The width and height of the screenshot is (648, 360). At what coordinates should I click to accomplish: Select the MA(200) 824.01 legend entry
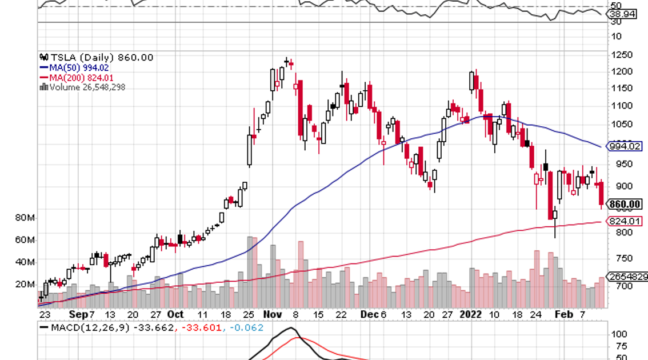79,78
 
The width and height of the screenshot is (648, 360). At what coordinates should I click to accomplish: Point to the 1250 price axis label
621,55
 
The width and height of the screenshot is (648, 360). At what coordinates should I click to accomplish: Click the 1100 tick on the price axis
621,106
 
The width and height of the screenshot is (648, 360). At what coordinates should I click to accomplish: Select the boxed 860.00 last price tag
625,204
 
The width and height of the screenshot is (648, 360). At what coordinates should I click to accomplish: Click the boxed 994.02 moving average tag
625,146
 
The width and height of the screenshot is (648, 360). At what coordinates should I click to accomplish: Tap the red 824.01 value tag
625,221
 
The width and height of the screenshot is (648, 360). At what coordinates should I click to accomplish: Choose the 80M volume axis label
25,218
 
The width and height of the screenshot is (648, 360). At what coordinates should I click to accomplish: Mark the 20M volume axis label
25,284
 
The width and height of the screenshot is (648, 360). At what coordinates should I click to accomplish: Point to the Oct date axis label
175,315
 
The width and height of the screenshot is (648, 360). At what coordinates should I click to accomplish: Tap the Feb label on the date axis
564,315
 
